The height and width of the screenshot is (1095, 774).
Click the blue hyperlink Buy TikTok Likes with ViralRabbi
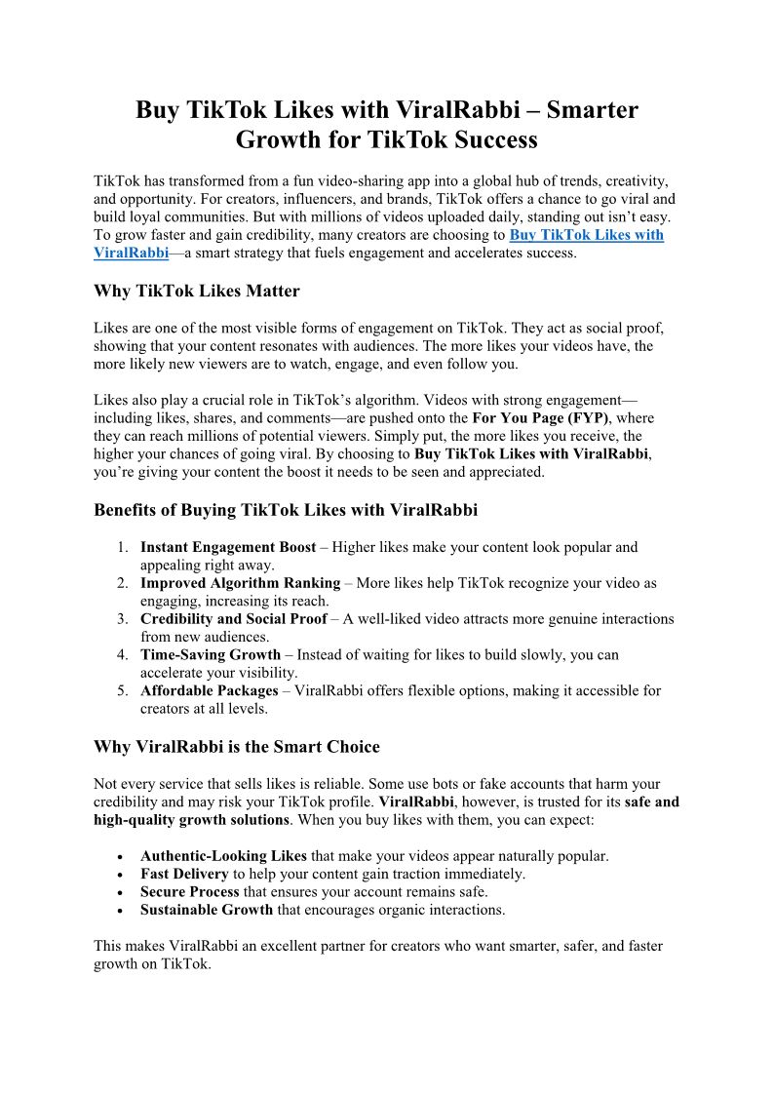586,235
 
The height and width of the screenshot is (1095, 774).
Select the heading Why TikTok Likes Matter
196,291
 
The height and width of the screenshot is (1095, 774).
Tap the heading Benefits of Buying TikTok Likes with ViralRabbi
285,509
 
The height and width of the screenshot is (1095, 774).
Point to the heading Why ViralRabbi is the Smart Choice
236,747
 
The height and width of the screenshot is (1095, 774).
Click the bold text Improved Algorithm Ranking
240,583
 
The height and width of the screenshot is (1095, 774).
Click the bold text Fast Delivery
184,875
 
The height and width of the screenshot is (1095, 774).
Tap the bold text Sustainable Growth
206,911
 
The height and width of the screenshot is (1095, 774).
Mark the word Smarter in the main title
592,109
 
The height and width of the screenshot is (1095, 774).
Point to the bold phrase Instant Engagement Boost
229,548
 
